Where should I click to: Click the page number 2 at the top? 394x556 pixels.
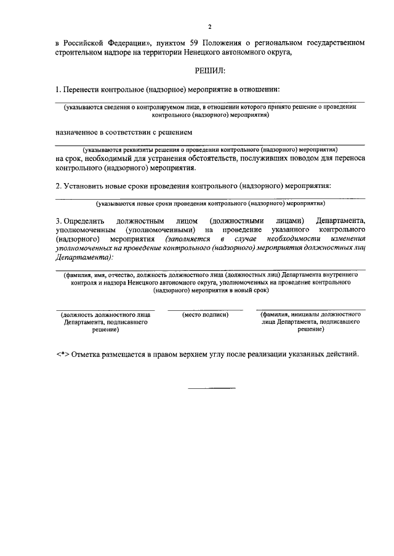[x=210, y=27]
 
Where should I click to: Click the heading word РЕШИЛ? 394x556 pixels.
[x=210, y=71]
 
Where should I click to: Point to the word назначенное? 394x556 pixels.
[x=78, y=131]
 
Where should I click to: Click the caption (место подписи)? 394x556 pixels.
[x=206, y=315]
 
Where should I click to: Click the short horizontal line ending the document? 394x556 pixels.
[x=211, y=388]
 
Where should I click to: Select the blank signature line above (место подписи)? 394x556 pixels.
[x=206, y=310]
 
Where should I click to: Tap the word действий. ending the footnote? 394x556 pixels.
[x=339, y=354]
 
